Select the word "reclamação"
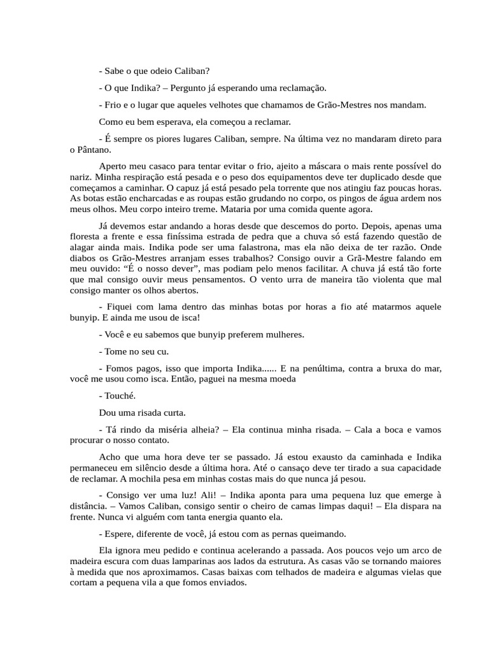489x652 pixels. (x=299, y=87)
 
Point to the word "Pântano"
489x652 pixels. (x=93, y=150)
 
